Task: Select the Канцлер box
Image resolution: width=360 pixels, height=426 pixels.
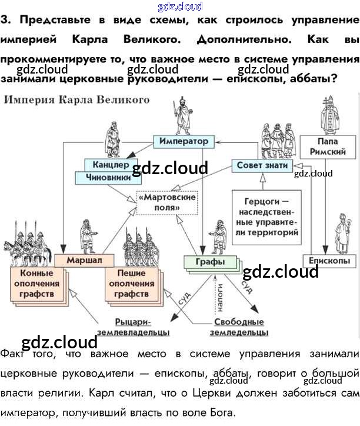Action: pyautogui.click(x=106, y=164)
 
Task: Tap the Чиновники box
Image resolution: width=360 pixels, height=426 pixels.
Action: pyautogui.click(x=106, y=177)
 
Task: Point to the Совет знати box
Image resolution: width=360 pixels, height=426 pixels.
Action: pyautogui.click(x=262, y=166)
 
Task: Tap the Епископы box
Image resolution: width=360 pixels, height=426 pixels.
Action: pyautogui.click(x=329, y=261)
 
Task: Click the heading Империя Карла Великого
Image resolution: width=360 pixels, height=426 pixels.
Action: pyautogui.click(x=76, y=100)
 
